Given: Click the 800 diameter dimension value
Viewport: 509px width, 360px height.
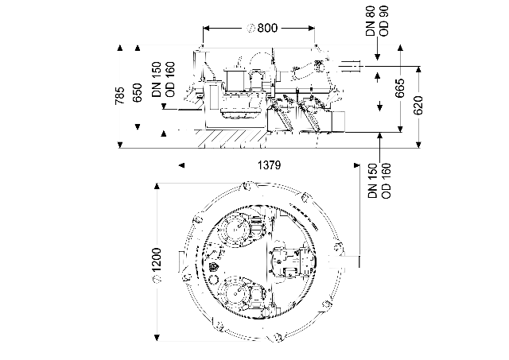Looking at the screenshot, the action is pyautogui.click(x=267, y=29).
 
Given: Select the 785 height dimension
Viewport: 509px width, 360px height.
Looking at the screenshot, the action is pyautogui.click(x=120, y=95).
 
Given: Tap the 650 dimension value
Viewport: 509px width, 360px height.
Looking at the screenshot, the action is pyautogui.click(x=138, y=92).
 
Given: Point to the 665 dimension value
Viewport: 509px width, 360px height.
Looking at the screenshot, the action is pyautogui.click(x=400, y=87).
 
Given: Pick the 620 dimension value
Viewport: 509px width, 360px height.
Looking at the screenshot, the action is pyautogui.click(x=418, y=106).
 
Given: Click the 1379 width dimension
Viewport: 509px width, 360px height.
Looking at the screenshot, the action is pyautogui.click(x=269, y=165).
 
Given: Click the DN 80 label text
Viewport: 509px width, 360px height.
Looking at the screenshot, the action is pyautogui.click(x=371, y=21).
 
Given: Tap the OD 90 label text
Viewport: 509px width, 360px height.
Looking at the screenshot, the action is pyautogui.click(x=383, y=21).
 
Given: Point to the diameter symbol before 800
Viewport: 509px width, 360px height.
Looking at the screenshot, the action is pyautogui.click(x=251, y=29).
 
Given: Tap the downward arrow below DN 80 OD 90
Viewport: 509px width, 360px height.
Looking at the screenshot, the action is pyautogui.click(x=377, y=48).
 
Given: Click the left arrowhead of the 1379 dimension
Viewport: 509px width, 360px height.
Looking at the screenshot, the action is pyautogui.click(x=182, y=165).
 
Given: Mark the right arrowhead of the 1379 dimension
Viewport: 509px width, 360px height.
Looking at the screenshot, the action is pyautogui.click(x=356, y=165).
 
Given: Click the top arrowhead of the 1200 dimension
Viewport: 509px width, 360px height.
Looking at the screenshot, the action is pyautogui.click(x=157, y=186).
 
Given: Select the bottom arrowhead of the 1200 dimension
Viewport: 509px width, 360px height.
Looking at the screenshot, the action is pyautogui.click(x=157, y=338).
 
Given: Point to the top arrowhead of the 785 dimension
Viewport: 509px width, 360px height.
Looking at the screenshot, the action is pyautogui.click(x=120, y=48).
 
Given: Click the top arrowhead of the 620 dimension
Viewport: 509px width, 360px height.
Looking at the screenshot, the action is pyautogui.click(x=419, y=69).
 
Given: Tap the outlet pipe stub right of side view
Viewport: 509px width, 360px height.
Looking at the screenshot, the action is pyautogui.click(x=351, y=66).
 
